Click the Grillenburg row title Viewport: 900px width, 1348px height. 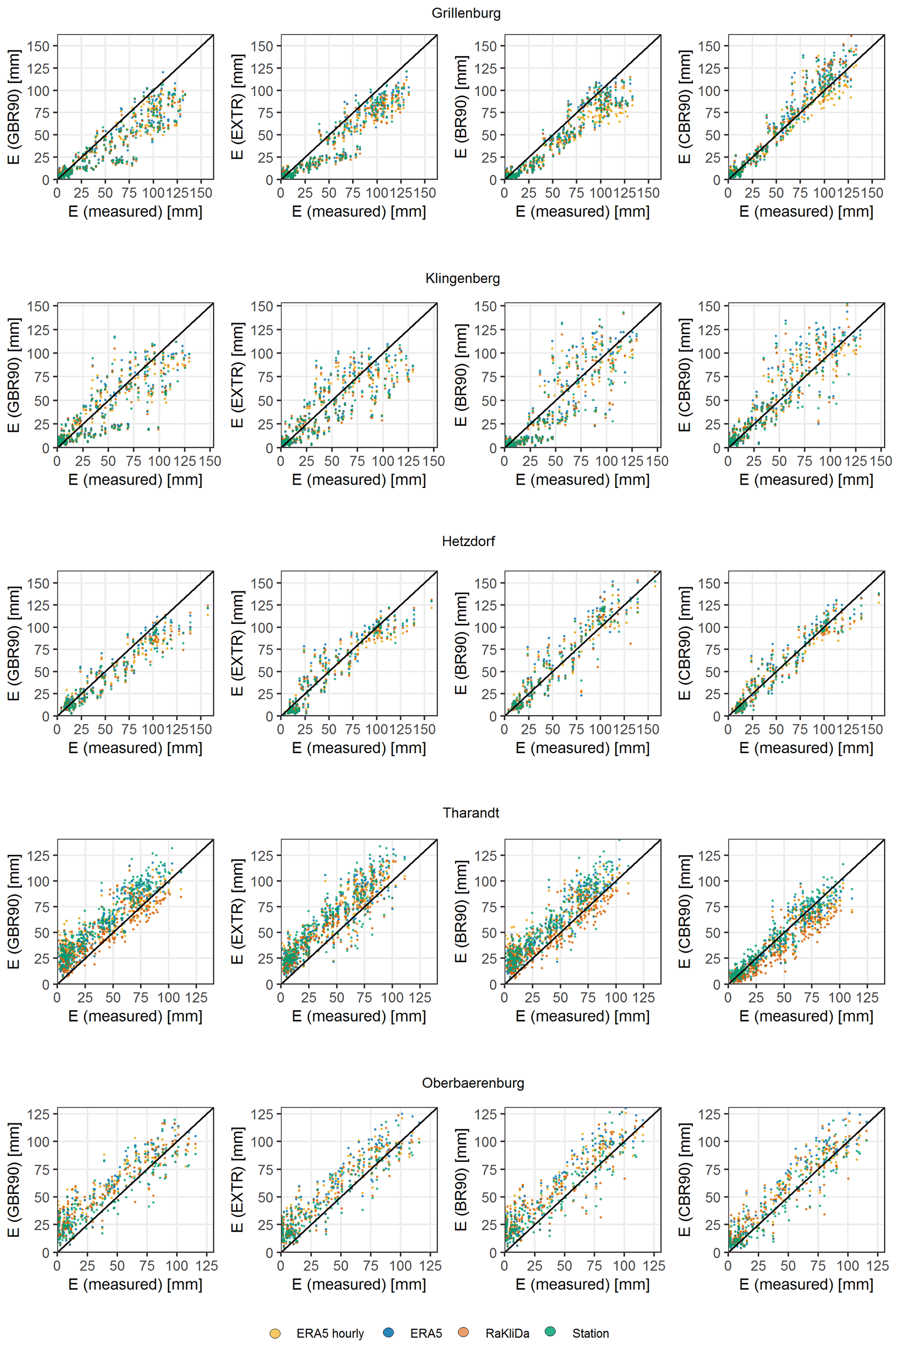pos(465,13)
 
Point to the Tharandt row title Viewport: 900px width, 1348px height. pos(471,813)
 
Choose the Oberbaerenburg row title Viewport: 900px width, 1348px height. pos(473,1083)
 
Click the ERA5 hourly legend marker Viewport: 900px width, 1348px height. pos(275,1334)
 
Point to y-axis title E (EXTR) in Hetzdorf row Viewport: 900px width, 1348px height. pos(237,643)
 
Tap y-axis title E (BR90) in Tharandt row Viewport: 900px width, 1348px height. pos(461,912)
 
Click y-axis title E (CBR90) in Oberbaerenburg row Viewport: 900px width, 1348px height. pos(685,1180)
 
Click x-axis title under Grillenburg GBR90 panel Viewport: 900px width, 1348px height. pos(135,211)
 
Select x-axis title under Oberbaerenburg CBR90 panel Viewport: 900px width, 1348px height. pos(806,1284)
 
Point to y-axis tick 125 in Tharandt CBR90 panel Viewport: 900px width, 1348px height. pos(709,856)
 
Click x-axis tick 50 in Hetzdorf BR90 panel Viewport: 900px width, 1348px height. pos(552,730)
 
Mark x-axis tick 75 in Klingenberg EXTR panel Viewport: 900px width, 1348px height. pos(357,461)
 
